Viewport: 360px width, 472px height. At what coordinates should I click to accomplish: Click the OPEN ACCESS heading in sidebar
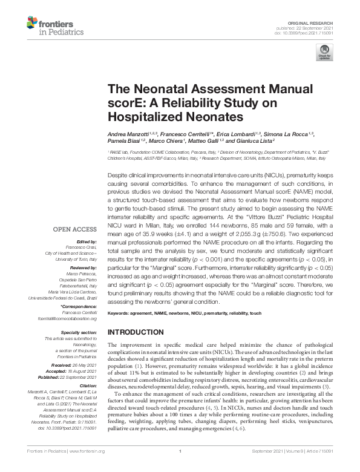pyautogui.click(x=74, y=229)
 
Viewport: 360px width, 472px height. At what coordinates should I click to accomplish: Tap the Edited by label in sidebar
pyautogui.click(x=87, y=240)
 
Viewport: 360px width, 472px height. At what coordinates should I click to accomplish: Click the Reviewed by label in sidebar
pyautogui.click(x=84, y=267)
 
